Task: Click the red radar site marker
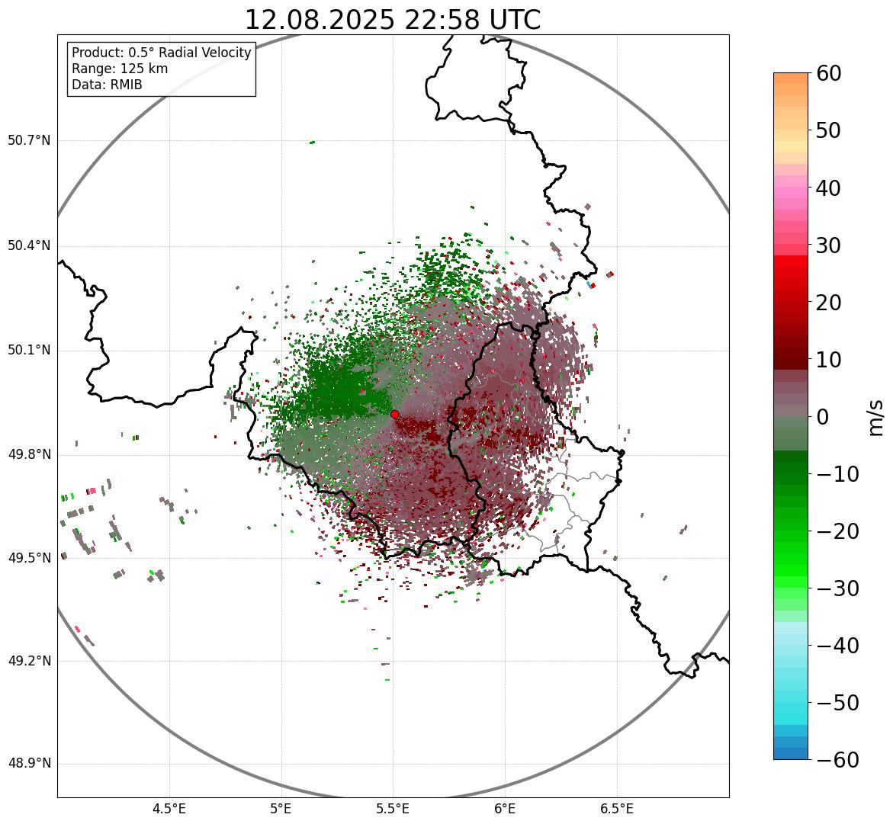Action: point(394,414)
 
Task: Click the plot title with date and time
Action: point(393,21)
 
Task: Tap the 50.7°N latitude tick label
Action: point(29,140)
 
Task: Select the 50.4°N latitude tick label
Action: point(29,246)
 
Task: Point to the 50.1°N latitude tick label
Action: point(29,350)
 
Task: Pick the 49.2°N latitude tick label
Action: point(29,661)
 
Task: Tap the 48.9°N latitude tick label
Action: point(29,764)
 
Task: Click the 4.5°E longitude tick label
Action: point(169,810)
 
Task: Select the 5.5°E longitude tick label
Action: point(393,810)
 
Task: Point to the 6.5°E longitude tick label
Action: point(617,810)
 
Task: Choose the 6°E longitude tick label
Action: point(505,810)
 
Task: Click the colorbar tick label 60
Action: point(829,73)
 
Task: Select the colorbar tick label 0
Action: point(823,417)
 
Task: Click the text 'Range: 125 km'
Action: point(120,69)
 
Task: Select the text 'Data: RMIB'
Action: point(107,85)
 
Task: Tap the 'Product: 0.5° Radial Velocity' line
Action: point(161,53)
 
